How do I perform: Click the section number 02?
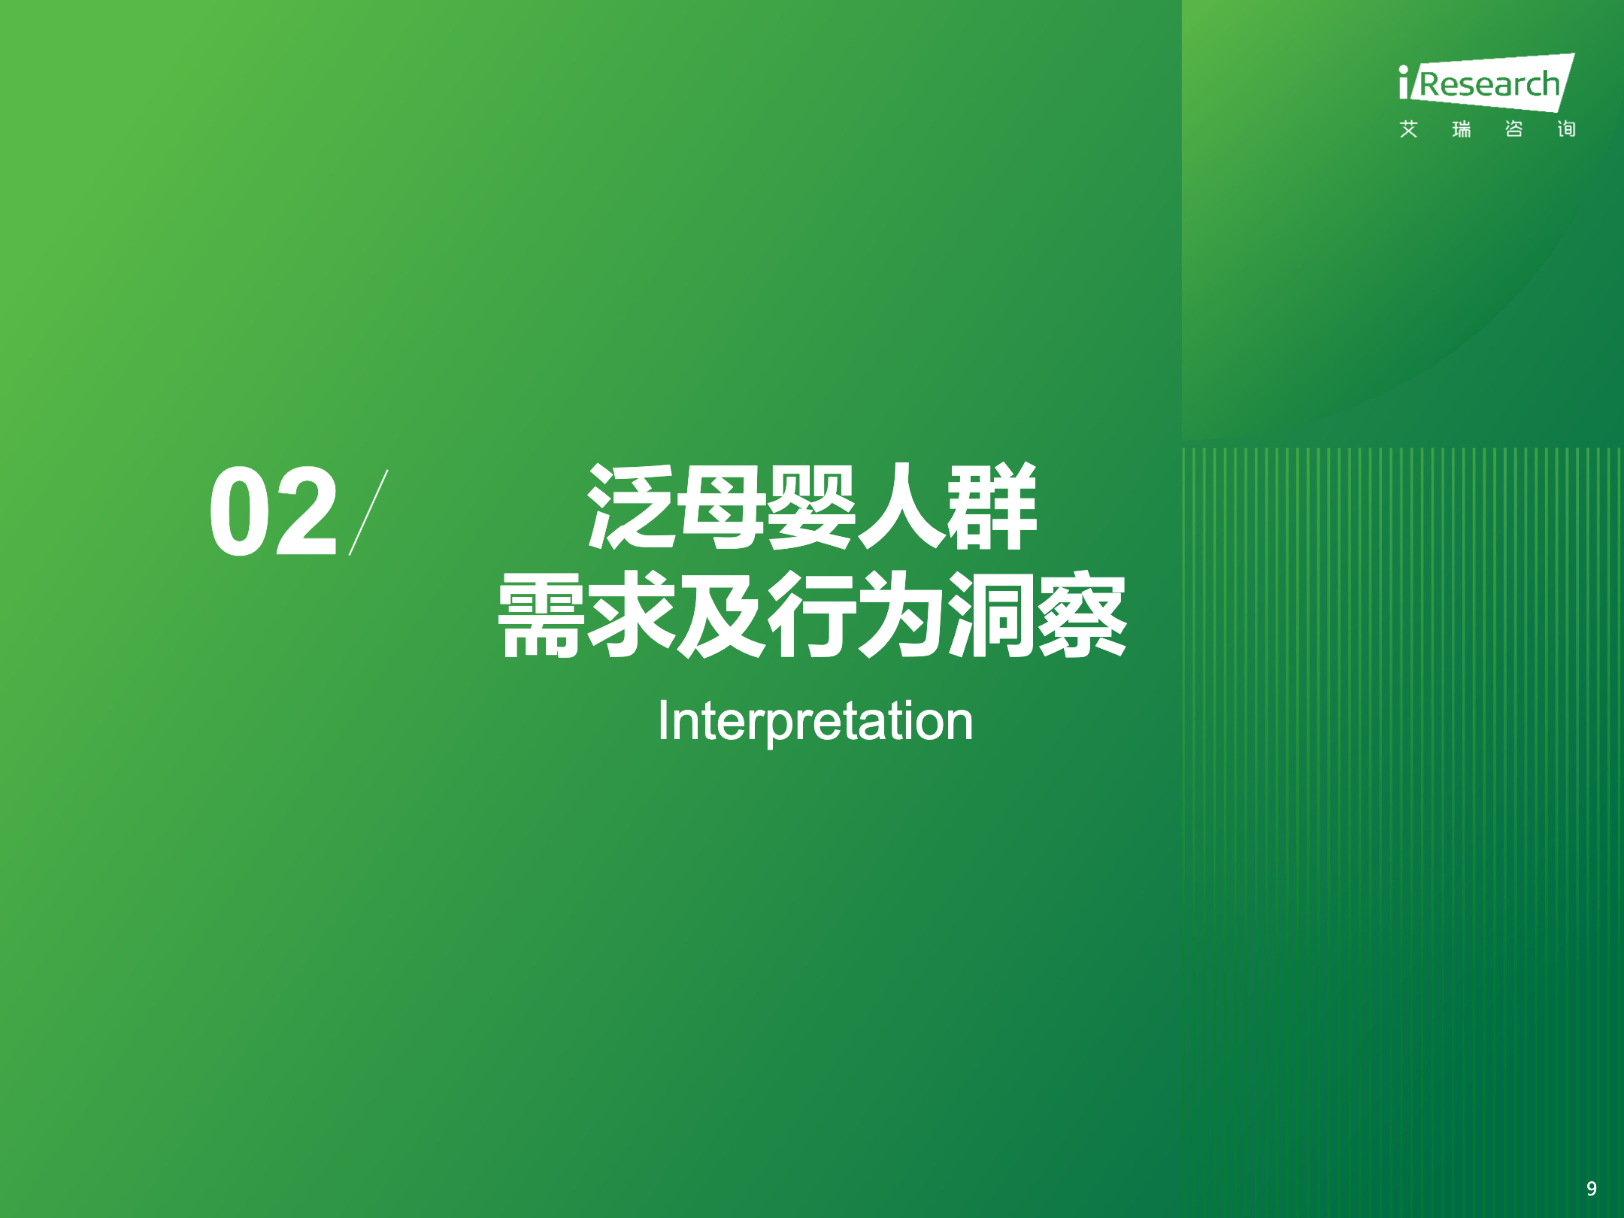273,511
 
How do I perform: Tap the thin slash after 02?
368,512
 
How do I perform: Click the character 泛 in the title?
631,506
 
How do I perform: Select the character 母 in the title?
721,506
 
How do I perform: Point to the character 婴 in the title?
811,506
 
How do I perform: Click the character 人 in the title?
901,506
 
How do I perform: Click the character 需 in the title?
541,614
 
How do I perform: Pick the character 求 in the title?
631,614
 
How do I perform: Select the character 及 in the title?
721,614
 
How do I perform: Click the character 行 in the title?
811,614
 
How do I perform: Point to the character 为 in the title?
901,614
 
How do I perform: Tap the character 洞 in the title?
992,614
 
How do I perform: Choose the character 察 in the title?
1083,614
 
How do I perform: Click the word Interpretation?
815,722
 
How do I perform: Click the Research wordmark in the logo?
1489,84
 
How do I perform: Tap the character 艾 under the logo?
1408,129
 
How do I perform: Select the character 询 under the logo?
1566,129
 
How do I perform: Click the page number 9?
1592,1188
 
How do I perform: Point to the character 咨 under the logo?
1513,129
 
